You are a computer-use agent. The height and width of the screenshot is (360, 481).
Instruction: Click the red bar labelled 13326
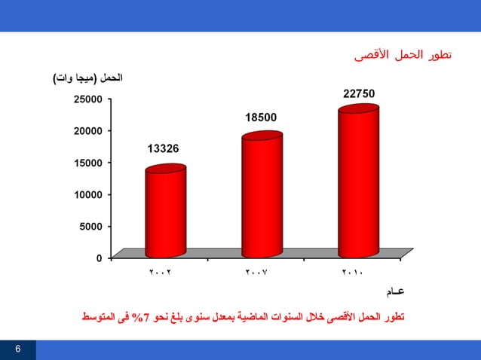tap(165, 212)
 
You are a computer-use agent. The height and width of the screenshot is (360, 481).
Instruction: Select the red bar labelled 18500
tap(262, 196)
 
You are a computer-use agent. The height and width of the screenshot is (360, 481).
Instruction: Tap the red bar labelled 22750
tap(358, 181)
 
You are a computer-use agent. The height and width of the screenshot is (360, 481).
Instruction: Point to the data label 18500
tap(261, 117)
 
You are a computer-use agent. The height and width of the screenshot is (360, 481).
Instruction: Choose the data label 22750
tap(359, 93)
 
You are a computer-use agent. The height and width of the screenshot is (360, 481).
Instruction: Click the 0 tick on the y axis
tap(99, 258)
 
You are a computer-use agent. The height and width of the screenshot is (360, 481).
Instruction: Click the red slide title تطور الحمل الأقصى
tap(403, 56)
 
